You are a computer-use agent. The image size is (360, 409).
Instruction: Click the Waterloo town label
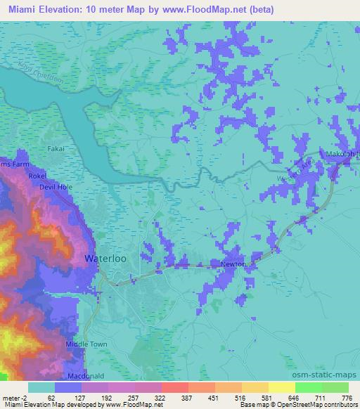tap(105, 258)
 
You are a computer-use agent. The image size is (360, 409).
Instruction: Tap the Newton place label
tap(232, 264)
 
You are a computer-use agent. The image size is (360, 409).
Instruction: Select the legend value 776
tap(347, 397)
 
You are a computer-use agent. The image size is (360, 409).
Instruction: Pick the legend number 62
tap(51, 397)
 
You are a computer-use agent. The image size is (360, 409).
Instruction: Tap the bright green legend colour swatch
tap(307, 387)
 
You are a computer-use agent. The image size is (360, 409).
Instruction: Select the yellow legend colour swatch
tap(282, 387)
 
